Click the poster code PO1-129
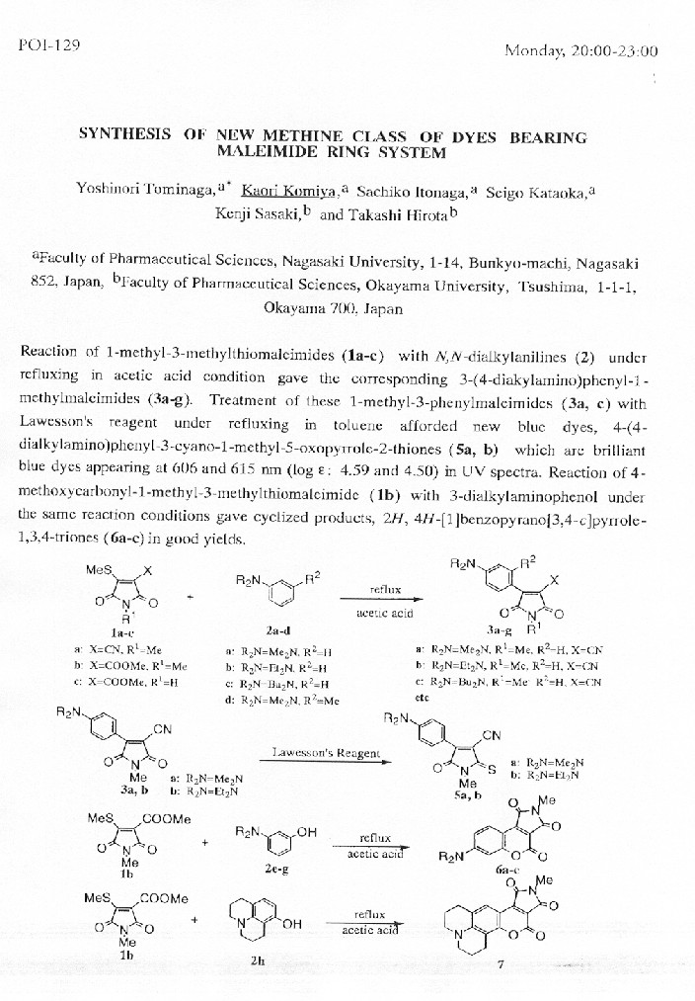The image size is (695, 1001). point(49,46)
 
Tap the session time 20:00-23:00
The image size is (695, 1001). point(617,51)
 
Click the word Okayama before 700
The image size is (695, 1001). point(296,307)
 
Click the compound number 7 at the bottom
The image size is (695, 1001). point(501,965)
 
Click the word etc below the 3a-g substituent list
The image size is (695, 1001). point(424,696)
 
